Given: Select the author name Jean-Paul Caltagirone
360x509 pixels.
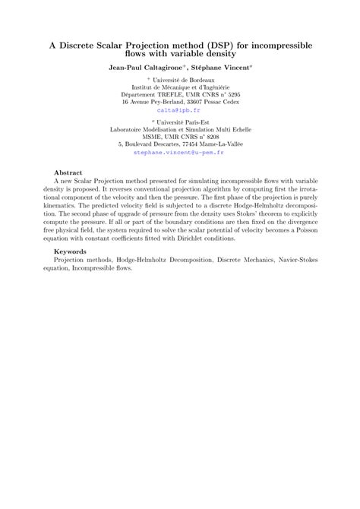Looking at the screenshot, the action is point(140,68).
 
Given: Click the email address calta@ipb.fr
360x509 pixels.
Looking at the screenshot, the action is point(179,109).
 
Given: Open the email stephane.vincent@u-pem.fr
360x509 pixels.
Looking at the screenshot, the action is point(179,152).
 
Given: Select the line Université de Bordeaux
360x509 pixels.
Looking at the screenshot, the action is point(182,79).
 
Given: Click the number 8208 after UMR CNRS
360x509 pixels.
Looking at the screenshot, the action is point(210,137).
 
